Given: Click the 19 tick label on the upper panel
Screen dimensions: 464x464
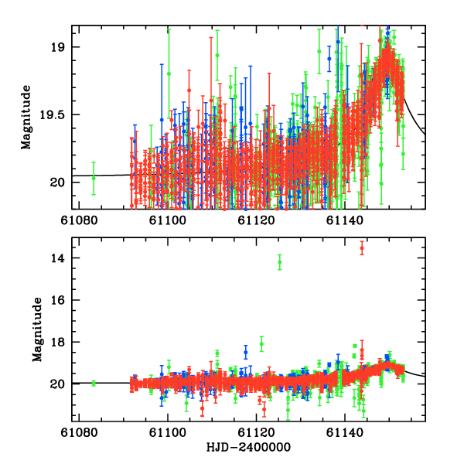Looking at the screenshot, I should (60, 47).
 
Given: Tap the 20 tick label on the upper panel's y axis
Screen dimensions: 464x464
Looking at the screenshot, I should (60, 182).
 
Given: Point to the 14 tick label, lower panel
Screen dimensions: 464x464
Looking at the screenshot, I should (60, 258).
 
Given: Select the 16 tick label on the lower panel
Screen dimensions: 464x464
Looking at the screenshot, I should (60, 300).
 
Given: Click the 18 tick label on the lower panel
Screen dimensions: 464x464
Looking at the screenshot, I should (60, 342).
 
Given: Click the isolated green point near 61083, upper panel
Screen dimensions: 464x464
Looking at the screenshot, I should (94, 177).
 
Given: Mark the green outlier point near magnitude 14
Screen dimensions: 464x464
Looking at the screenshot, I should (280, 262).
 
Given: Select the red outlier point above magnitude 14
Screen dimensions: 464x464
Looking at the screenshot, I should (361, 247).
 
